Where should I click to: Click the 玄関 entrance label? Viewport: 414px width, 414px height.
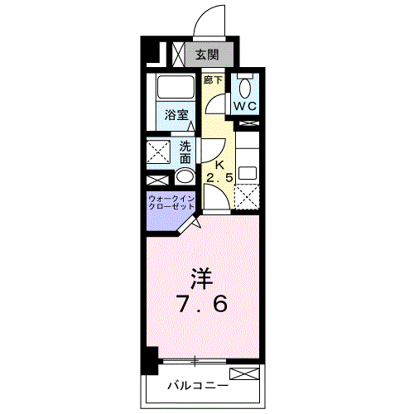[207, 55]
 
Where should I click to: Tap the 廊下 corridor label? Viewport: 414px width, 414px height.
[214, 81]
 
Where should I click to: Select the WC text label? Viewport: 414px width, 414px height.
[244, 107]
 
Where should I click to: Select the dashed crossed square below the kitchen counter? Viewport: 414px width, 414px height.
[247, 196]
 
